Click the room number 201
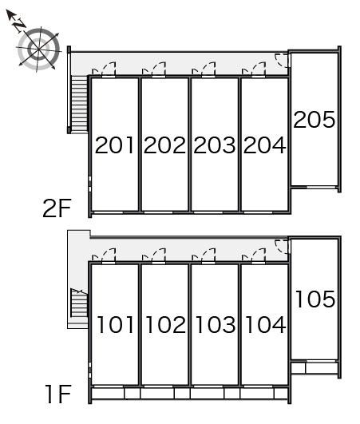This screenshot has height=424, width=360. (x=114, y=145)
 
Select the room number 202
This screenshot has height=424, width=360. (x=164, y=145)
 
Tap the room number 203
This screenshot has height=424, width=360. (x=215, y=145)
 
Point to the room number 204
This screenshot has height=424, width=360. (x=264, y=145)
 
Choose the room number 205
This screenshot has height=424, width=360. (x=314, y=119)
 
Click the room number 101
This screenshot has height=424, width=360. (x=116, y=324)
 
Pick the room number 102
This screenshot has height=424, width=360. (x=166, y=324)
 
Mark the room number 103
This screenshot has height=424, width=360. (x=216, y=324)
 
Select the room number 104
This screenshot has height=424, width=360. (x=266, y=324)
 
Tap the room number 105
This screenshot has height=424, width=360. (x=315, y=299)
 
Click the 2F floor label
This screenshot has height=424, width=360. (x=57, y=208)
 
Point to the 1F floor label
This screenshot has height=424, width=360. (x=58, y=394)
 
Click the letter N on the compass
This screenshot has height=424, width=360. (x=19, y=26)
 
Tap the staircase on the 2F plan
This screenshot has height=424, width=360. (x=80, y=105)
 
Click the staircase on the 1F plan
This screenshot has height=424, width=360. (x=79, y=303)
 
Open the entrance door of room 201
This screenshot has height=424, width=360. (x=109, y=69)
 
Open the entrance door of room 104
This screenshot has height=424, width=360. (x=259, y=256)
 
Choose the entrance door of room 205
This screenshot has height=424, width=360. (x=282, y=60)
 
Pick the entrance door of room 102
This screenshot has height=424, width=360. (x=159, y=256)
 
